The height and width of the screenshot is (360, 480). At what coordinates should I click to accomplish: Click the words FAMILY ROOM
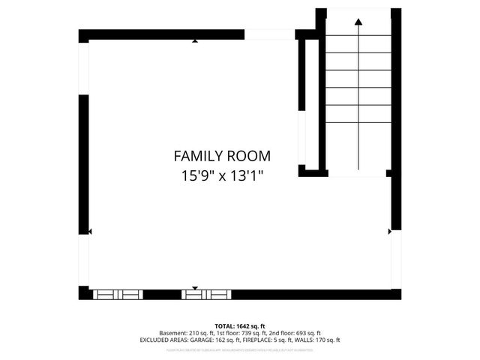coord(222,156)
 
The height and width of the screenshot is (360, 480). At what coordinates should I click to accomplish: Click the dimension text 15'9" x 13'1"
coord(222,177)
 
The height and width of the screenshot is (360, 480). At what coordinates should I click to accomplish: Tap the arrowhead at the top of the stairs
coord(358,22)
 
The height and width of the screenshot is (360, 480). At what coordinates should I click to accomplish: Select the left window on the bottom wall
coord(117,295)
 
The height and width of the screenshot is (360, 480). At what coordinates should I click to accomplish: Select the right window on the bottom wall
coord(205,295)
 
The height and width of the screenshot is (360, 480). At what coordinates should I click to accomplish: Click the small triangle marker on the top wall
coord(195,41)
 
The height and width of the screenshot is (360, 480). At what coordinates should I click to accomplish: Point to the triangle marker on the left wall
coord(90,232)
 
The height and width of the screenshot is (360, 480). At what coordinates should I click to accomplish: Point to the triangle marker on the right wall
coord(389,232)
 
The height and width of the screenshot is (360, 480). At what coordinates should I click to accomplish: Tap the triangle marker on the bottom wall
coord(195,288)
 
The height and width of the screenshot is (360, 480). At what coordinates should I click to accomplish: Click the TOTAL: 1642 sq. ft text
coord(239,326)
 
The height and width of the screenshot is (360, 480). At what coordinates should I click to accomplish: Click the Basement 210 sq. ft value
coord(184,333)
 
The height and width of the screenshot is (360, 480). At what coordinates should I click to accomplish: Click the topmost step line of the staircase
coord(358,52)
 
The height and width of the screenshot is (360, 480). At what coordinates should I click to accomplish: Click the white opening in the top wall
coord(270,34)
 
